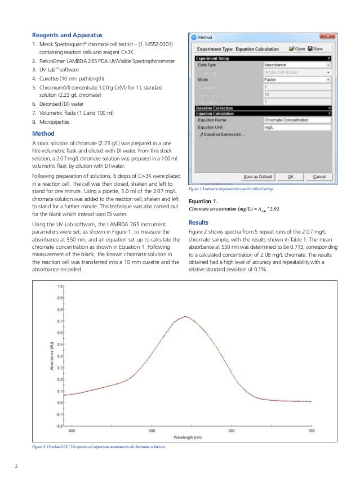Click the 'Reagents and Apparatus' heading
(67, 35)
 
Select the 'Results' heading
(199, 222)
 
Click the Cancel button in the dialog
(319, 176)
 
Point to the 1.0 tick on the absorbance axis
(60, 286)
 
